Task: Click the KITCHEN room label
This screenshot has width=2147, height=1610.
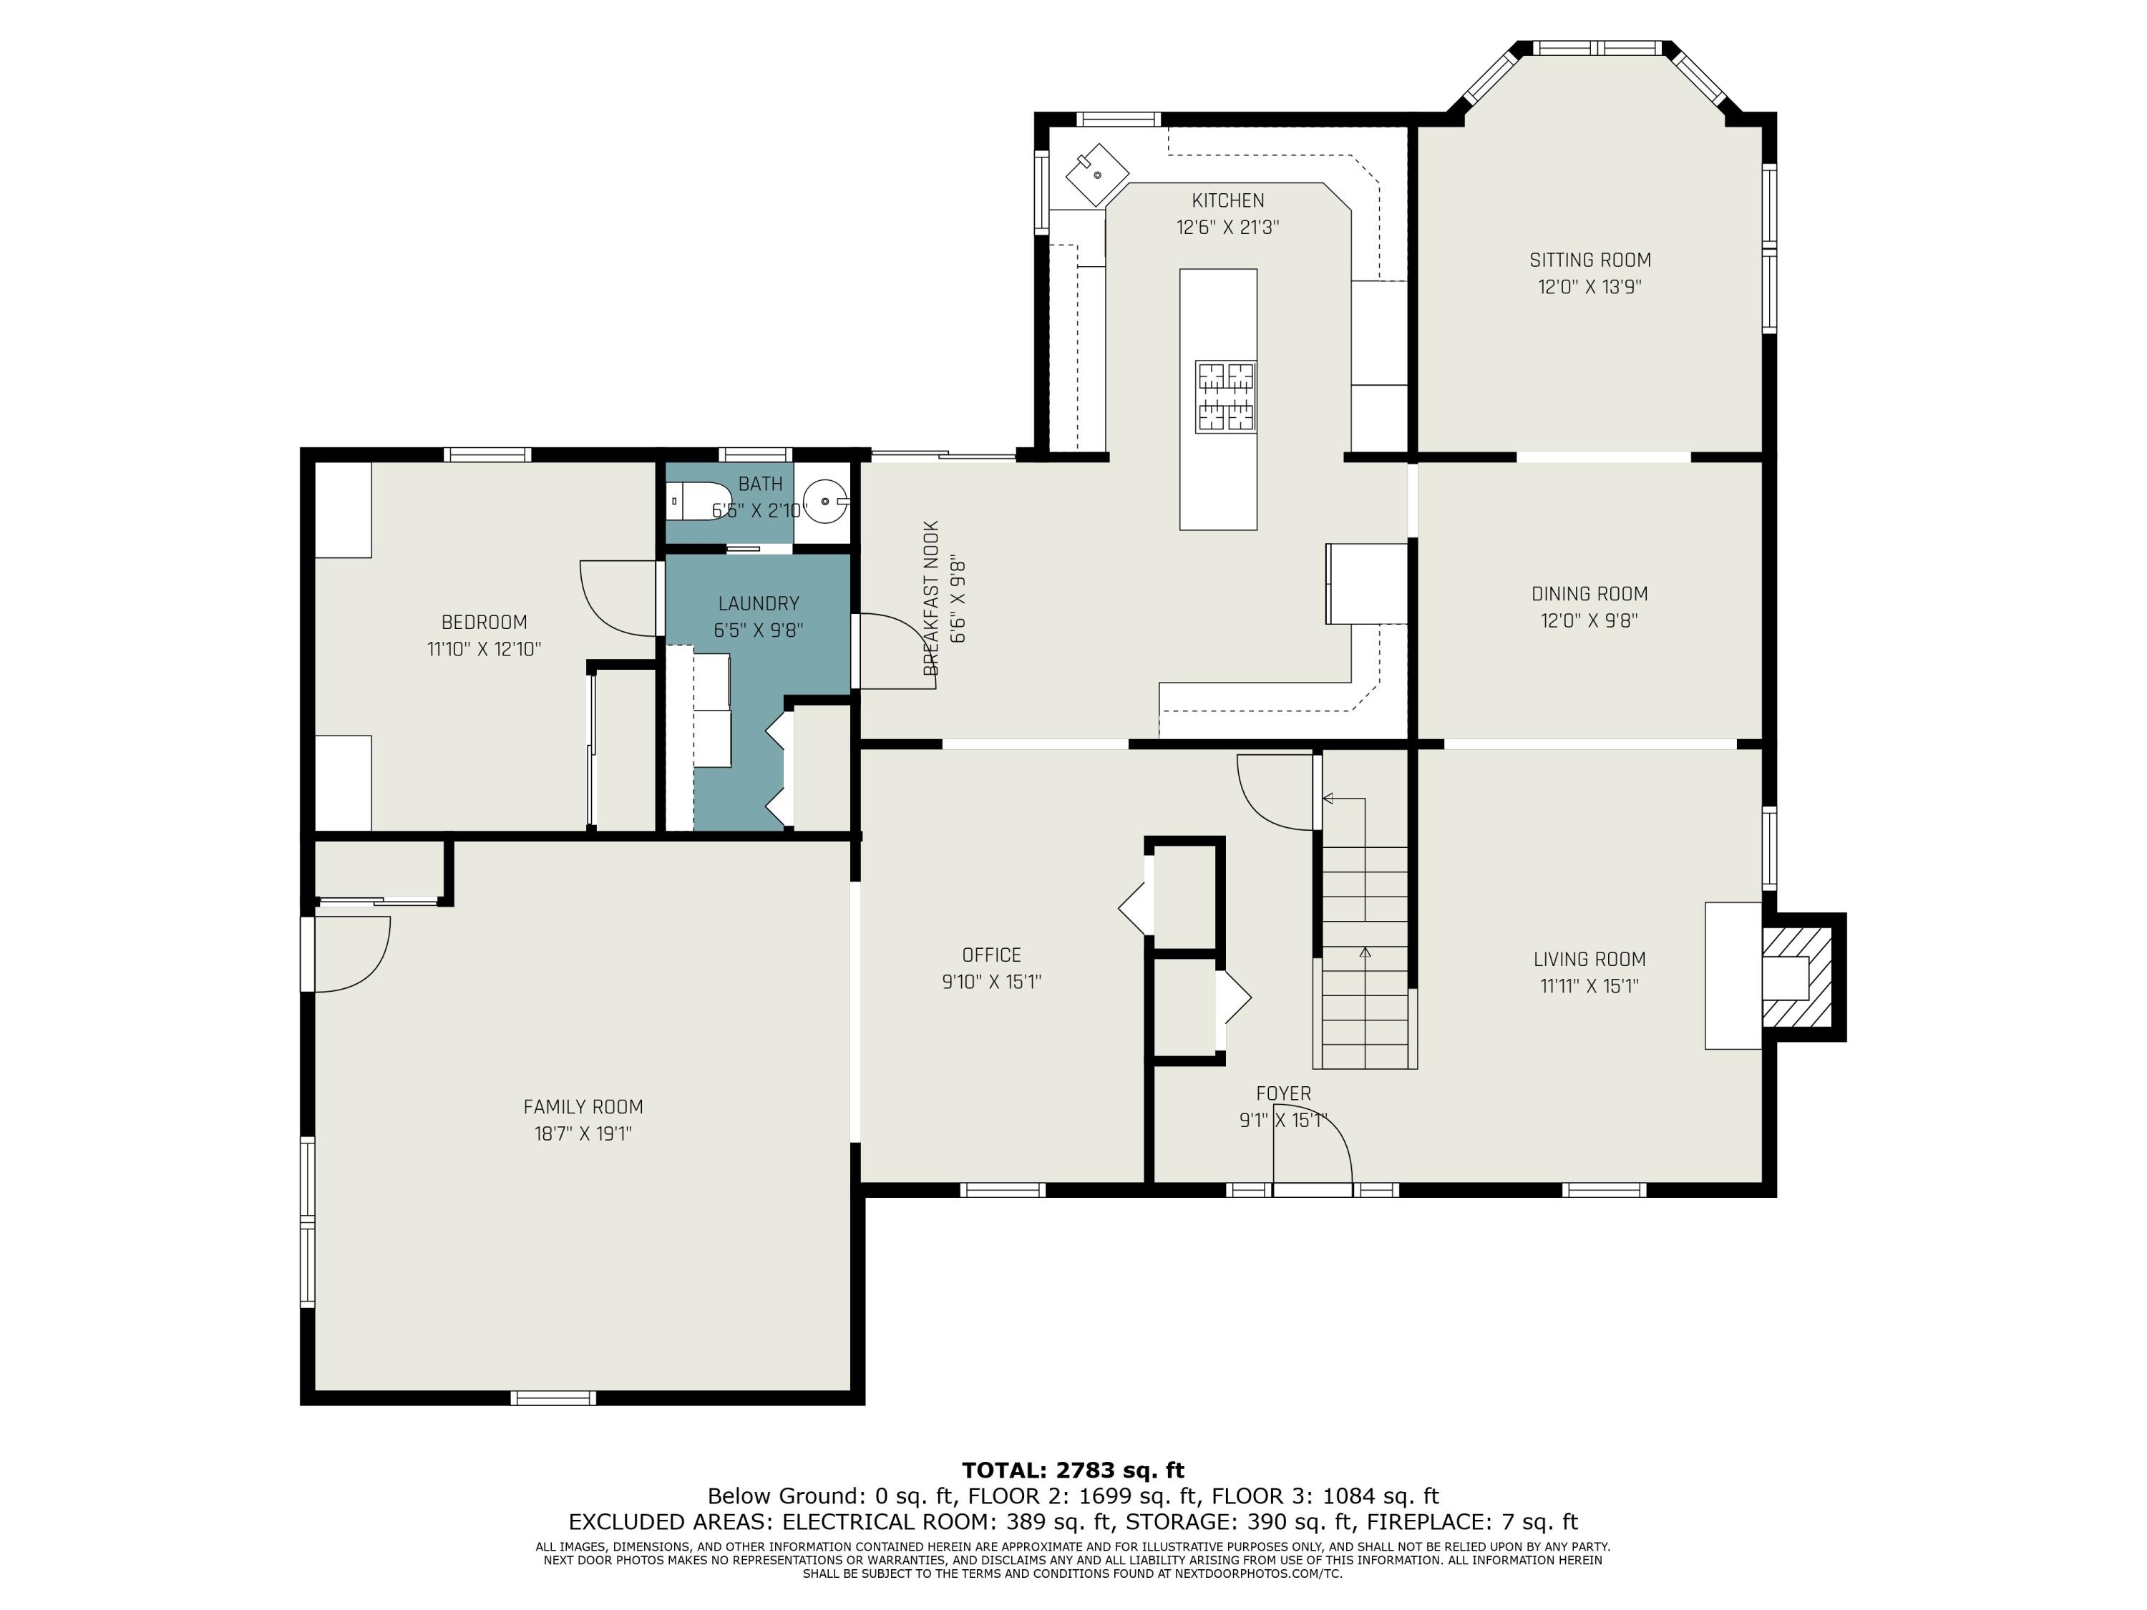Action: (1228, 201)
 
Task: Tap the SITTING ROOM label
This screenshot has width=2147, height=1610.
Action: (1590, 260)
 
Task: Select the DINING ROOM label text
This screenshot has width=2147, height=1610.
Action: (1590, 594)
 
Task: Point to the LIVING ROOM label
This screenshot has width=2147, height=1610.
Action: (1590, 960)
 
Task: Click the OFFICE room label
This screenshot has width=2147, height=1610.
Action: (991, 955)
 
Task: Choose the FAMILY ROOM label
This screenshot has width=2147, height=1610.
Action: (583, 1106)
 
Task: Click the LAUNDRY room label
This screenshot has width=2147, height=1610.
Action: (759, 604)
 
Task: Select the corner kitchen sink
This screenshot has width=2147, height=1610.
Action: (1098, 175)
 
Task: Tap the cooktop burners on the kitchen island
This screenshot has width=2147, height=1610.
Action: (1226, 396)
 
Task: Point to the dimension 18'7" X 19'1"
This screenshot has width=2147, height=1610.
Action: (583, 1133)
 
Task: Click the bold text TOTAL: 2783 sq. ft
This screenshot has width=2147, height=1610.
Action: (1073, 1470)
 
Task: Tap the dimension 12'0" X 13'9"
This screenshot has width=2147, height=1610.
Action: (1590, 287)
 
